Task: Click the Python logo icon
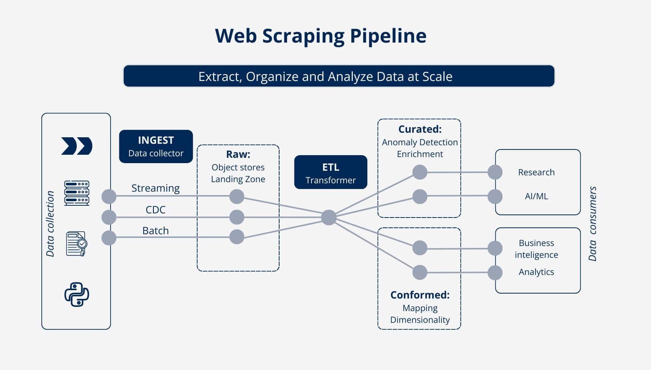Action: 76,294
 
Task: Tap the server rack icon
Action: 76,193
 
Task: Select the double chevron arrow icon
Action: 76,146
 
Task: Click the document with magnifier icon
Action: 76,244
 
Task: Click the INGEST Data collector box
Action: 156,146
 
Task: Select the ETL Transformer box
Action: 330,172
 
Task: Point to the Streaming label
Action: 155,188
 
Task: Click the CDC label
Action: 155,210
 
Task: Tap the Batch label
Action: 155,231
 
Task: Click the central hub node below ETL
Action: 329,218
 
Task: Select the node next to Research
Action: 495,172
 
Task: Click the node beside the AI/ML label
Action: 495,197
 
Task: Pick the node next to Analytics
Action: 495,273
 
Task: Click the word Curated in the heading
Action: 419,129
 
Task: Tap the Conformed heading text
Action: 420,295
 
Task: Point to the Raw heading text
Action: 238,154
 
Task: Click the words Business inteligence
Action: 536,249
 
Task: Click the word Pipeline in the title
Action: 388,36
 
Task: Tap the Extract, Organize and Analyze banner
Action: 339,76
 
